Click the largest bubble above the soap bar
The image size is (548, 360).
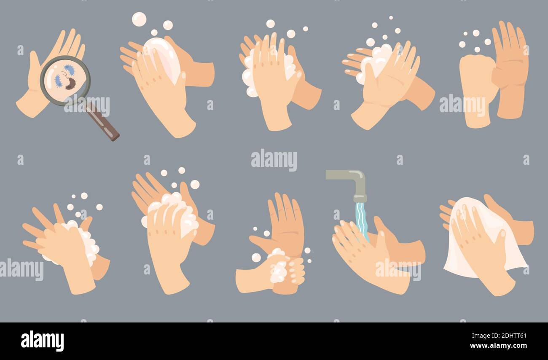139,19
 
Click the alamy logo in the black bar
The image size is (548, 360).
42,341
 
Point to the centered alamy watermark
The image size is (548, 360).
274,160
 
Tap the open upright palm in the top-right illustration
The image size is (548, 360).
511,63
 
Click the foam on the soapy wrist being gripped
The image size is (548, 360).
278,270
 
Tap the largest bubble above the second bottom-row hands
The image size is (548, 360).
195,184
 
